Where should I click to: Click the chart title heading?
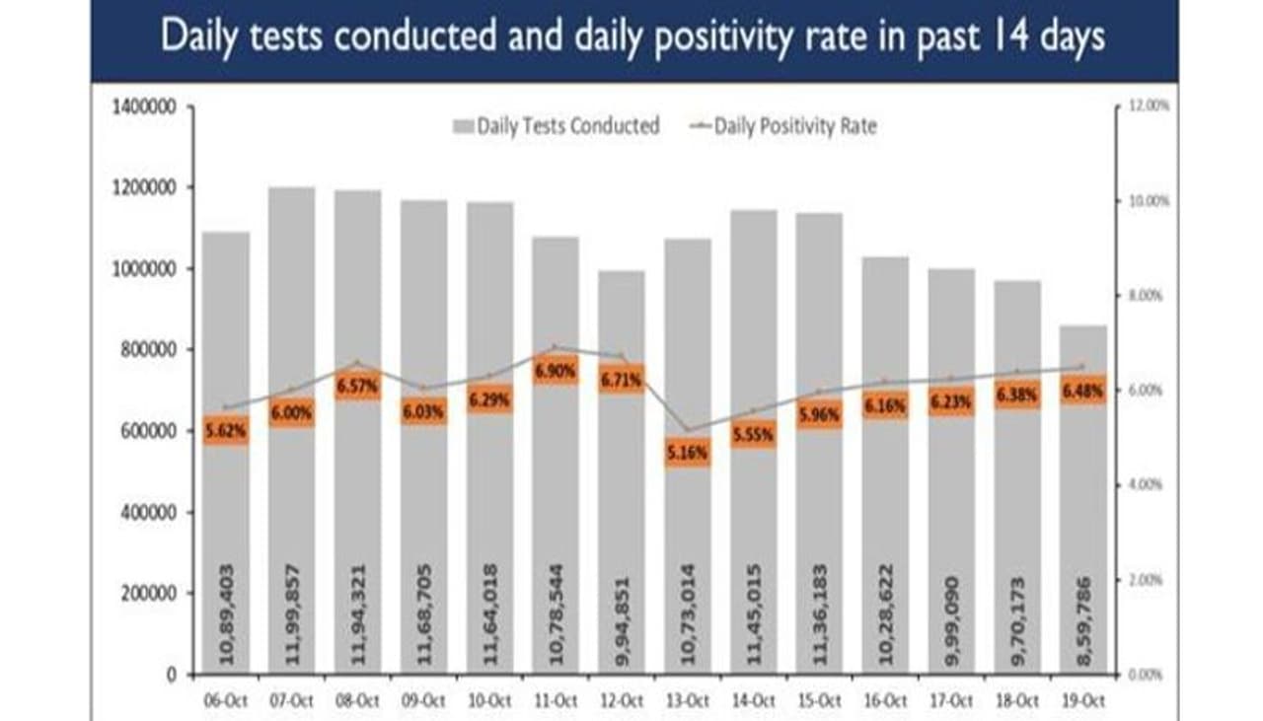pyautogui.click(x=632, y=37)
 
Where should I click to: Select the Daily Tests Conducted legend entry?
pyautogui.click(x=556, y=126)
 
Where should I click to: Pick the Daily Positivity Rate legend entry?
pyautogui.click(x=784, y=126)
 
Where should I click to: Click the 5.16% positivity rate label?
pyautogui.click(x=688, y=453)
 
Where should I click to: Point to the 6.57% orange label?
pyautogui.click(x=357, y=386)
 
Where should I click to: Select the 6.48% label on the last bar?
pyautogui.click(x=1082, y=392)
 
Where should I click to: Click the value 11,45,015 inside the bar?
pyautogui.click(x=755, y=613)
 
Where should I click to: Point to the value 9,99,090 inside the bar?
pyautogui.click(x=952, y=613)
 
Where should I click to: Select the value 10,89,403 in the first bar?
pyautogui.click(x=227, y=613)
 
